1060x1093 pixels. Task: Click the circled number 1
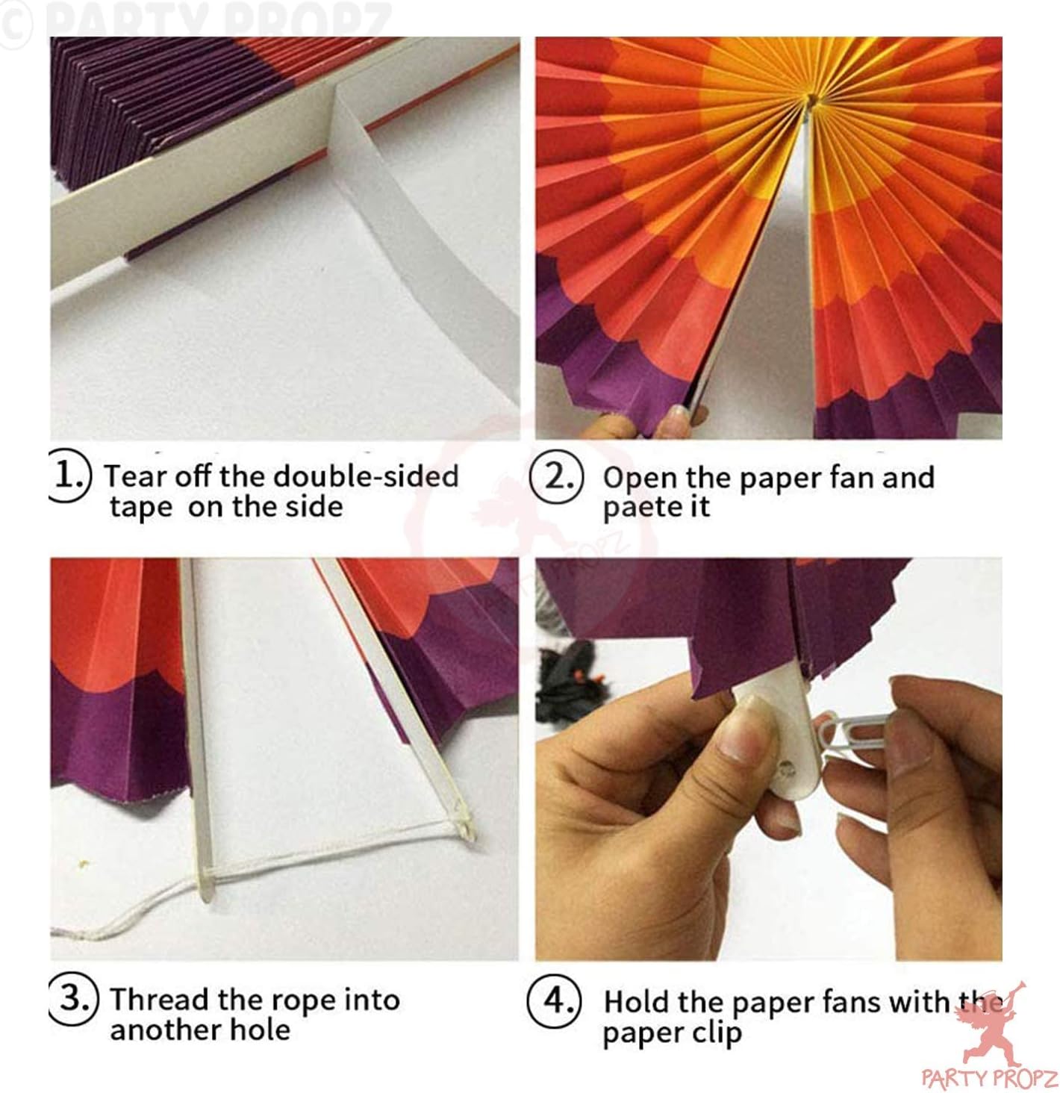[x=69, y=475]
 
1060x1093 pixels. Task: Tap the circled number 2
[x=556, y=476]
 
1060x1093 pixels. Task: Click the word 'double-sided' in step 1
[x=366, y=476]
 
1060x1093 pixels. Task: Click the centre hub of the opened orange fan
[x=810, y=101]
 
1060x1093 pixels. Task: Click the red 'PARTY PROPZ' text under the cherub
[x=990, y=1079]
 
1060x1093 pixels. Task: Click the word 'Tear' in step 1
[x=137, y=476]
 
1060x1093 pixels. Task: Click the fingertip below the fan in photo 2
[x=679, y=418]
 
